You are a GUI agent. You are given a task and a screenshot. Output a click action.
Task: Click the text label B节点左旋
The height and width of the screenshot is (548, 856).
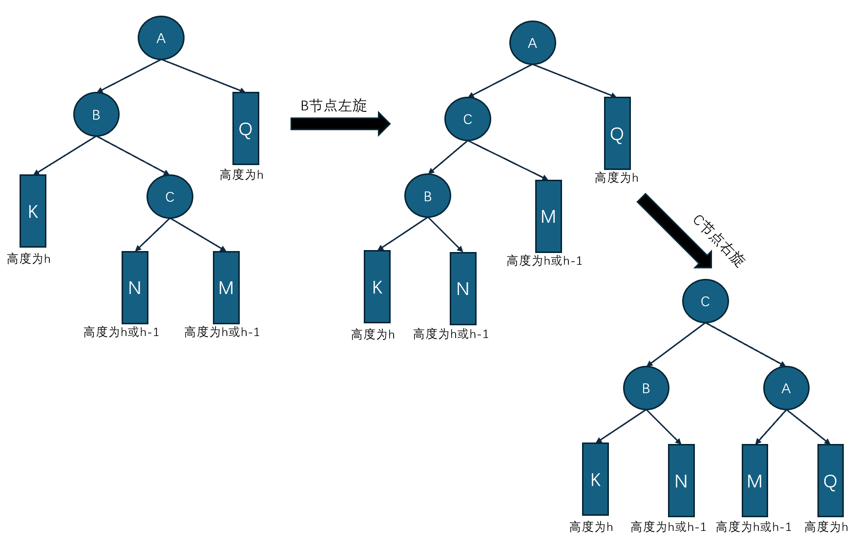click(334, 105)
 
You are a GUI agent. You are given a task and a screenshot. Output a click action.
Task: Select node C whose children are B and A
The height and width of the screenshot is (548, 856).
click(705, 301)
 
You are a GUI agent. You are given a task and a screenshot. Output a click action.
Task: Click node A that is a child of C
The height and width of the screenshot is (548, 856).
click(786, 388)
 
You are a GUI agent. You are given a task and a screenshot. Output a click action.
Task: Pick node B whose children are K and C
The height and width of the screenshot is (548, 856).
click(96, 115)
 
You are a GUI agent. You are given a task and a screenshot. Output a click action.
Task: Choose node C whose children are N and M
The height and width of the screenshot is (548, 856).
click(170, 197)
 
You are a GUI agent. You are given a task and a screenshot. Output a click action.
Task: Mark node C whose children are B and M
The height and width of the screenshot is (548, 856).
click(467, 119)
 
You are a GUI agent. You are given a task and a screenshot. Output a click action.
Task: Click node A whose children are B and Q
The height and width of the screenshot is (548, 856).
click(161, 38)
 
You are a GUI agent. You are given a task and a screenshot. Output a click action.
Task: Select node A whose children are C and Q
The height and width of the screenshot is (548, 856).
click(532, 43)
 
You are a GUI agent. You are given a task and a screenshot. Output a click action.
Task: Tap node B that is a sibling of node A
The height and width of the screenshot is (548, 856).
click(646, 388)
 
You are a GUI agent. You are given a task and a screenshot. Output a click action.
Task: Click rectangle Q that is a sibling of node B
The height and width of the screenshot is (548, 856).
click(246, 128)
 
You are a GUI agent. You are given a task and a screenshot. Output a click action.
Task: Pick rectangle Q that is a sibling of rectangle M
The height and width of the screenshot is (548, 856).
click(830, 481)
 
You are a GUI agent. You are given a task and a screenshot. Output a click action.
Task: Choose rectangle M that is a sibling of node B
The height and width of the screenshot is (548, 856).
click(548, 216)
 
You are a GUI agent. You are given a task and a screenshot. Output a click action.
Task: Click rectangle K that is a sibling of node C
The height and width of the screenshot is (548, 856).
click(33, 211)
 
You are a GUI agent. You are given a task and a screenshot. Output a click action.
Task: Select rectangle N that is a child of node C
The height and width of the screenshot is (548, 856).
click(135, 288)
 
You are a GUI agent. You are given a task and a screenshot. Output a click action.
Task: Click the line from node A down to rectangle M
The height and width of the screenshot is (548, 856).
click(771, 427)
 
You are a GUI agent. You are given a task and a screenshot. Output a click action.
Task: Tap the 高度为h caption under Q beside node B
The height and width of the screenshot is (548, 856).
click(241, 175)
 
